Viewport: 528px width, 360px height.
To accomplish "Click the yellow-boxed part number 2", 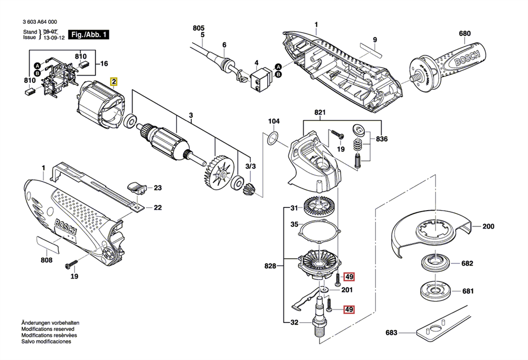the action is [x=114, y=81].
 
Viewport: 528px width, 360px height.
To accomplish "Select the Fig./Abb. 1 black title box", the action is [x=89, y=34].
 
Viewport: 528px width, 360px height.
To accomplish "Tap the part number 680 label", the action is [x=465, y=33].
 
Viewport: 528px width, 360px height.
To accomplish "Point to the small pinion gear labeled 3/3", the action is [x=250, y=190].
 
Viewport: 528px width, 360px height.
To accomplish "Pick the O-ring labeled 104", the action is [x=273, y=138].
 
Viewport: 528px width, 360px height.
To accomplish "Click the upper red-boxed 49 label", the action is [x=349, y=277].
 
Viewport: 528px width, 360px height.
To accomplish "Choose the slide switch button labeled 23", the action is [x=137, y=187].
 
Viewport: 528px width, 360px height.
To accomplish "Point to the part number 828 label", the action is [x=270, y=266].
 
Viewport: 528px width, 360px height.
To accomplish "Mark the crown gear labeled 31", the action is [x=317, y=206].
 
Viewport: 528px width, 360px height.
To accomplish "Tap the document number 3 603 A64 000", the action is [x=40, y=22].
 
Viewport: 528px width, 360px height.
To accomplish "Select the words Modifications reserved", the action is [x=48, y=329].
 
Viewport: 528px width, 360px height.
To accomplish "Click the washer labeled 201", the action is [x=325, y=289].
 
